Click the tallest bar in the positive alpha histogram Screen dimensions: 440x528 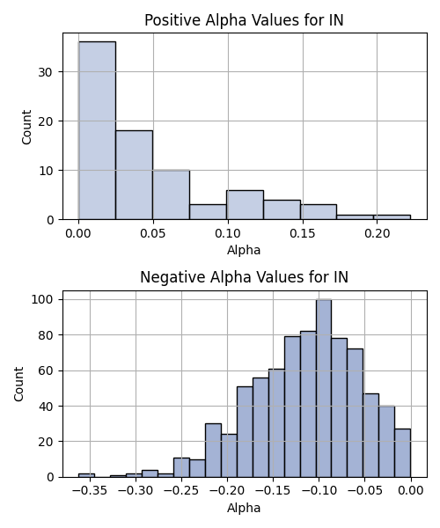coord(97,130)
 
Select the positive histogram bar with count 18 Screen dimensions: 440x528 coord(134,175)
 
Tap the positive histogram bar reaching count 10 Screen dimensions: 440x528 coord(171,194)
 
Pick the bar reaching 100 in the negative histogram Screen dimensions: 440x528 coord(324,388)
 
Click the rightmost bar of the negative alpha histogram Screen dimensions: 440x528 coord(403,453)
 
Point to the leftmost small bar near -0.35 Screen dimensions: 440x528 coord(86,475)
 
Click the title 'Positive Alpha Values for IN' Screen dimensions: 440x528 coord(244,20)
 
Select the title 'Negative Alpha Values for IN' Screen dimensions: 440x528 coord(244,277)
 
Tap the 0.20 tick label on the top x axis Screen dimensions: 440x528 coord(377,233)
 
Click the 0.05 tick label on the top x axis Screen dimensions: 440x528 coord(153,233)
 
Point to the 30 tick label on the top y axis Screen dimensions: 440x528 coord(46,72)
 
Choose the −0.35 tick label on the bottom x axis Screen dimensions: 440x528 coord(90,491)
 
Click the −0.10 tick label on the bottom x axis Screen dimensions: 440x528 coord(319,491)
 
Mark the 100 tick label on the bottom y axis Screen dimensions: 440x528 coord(42,299)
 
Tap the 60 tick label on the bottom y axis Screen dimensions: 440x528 coord(46,370)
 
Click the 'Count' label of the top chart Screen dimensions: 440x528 coord(26,127)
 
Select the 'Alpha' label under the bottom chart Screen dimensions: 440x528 coord(244,508)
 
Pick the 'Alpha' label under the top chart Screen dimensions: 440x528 coord(244,250)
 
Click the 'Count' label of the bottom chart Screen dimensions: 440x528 coord(18,385)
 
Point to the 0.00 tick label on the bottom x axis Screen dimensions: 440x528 coord(411,491)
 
